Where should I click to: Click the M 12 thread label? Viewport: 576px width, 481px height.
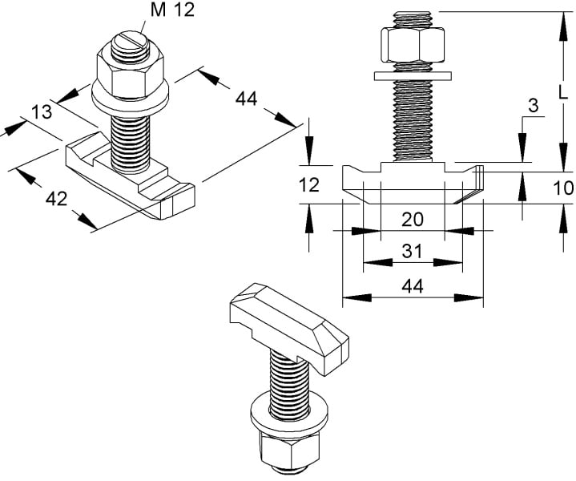pos(172,10)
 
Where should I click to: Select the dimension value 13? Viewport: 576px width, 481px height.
pos(42,111)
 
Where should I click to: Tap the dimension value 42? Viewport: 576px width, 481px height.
pos(57,199)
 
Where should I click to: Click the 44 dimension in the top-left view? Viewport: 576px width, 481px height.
pos(246,99)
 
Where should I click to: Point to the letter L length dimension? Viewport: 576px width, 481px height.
pos(562,91)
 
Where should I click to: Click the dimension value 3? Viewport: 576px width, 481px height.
pos(533,106)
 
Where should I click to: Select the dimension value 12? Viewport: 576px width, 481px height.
pos(309,184)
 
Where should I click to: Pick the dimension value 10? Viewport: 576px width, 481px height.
pos(563,188)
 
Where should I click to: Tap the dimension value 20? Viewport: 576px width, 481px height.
pos(412,219)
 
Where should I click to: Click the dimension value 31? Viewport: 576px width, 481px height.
pos(412,251)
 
